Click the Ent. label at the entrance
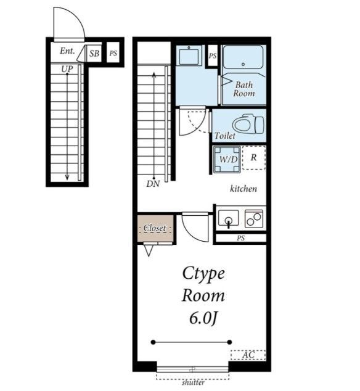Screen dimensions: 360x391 point(67,51)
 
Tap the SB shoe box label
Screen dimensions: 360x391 point(94,53)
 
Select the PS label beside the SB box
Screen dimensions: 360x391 point(113,53)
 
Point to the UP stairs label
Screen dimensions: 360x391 point(67,69)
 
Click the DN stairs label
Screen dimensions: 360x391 point(153,184)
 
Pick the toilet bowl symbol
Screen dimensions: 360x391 point(248,124)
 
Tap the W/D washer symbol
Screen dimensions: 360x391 point(227,159)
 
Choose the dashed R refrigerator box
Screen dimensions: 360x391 point(254,158)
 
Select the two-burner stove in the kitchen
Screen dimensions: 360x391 point(254,219)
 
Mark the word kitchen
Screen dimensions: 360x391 point(243,189)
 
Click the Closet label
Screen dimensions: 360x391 point(155,228)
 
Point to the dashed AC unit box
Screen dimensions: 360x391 point(248,355)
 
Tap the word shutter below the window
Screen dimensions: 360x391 point(193,382)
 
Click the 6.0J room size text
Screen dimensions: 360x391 point(203,318)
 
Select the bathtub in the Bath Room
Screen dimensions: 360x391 point(243,57)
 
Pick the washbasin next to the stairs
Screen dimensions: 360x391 point(189,56)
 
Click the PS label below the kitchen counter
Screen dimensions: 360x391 point(240,238)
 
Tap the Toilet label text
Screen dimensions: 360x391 point(225,136)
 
